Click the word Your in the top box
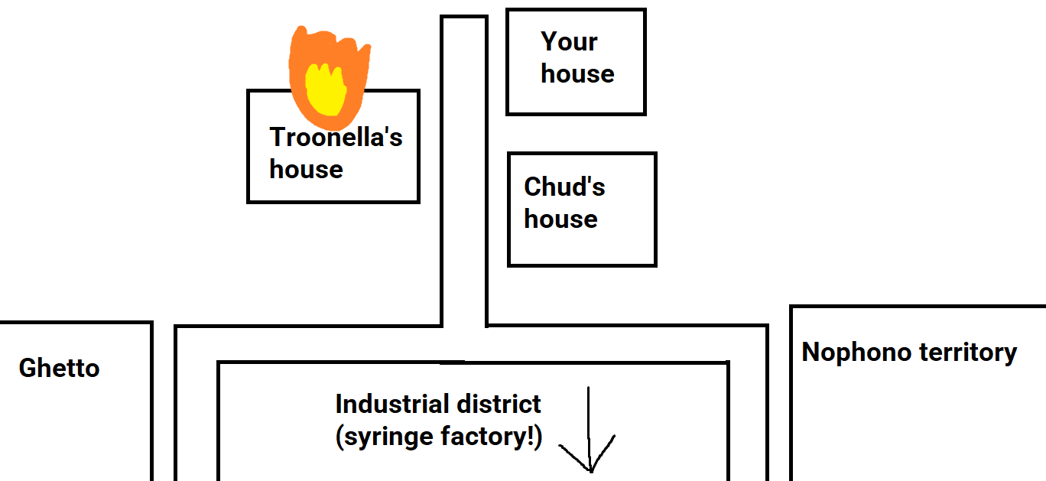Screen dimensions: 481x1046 coord(569,42)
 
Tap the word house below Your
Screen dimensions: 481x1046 coord(577,74)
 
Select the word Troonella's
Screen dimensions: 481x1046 coord(336,138)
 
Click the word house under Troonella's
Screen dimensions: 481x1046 coord(306,169)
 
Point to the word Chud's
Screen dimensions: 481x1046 coord(564,187)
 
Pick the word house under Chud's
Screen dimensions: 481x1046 coord(560,219)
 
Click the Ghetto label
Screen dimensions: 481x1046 coord(59,369)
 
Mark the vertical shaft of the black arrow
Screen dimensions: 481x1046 coord(589,417)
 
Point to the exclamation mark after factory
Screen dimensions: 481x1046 coord(533,436)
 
